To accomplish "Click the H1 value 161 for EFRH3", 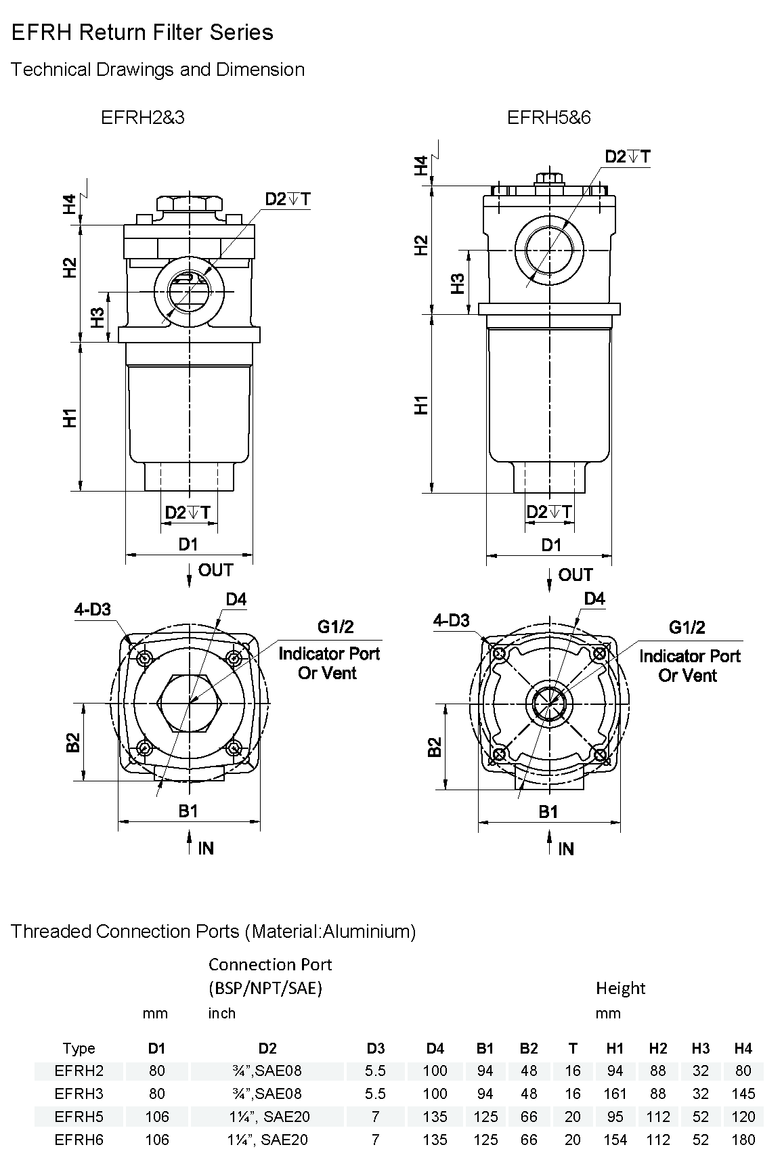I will click(x=615, y=1094).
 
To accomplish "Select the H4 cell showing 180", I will click(x=743, y=1140).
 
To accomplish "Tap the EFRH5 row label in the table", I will click(x=79, y=1117).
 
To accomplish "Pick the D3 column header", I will click(x=375, y=1048).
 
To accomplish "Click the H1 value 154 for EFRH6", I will click(x=615, y=1140).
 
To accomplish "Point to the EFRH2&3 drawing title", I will click(x=142, y=118).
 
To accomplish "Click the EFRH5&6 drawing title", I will click(x=548, y=118).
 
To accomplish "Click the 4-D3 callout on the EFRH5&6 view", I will click(x=452, y=621).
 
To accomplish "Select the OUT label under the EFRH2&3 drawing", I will click(x=215, y=571).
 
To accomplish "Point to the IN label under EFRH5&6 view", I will click(x=566, y=849).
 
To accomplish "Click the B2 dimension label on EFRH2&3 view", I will click(x=73, y=743).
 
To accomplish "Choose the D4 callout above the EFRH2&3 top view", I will click(x=236, y=599).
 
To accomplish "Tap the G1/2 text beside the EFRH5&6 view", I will click(x=687, y=628).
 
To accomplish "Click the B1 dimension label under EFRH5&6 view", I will click(x=548, y=811).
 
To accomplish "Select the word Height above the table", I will click(x=620, y=989).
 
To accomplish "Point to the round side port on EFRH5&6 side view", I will click(x=548, y=250).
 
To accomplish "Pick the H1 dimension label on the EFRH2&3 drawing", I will click(x=70, y=418).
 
